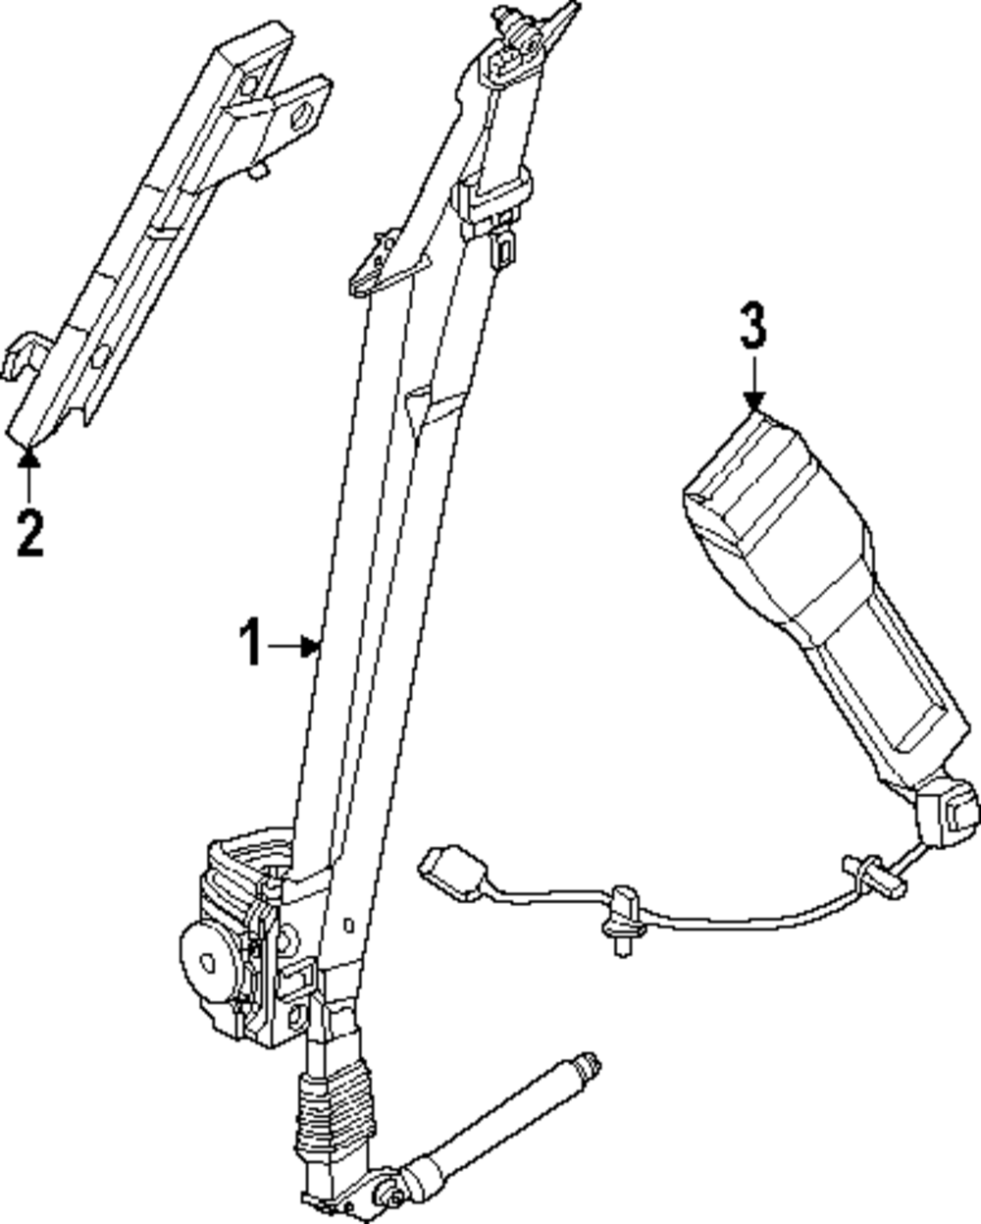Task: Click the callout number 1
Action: point(252,644)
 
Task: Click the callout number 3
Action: point(752,327)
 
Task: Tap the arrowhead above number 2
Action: point(29,453)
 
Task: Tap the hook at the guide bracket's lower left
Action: point(22,357)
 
